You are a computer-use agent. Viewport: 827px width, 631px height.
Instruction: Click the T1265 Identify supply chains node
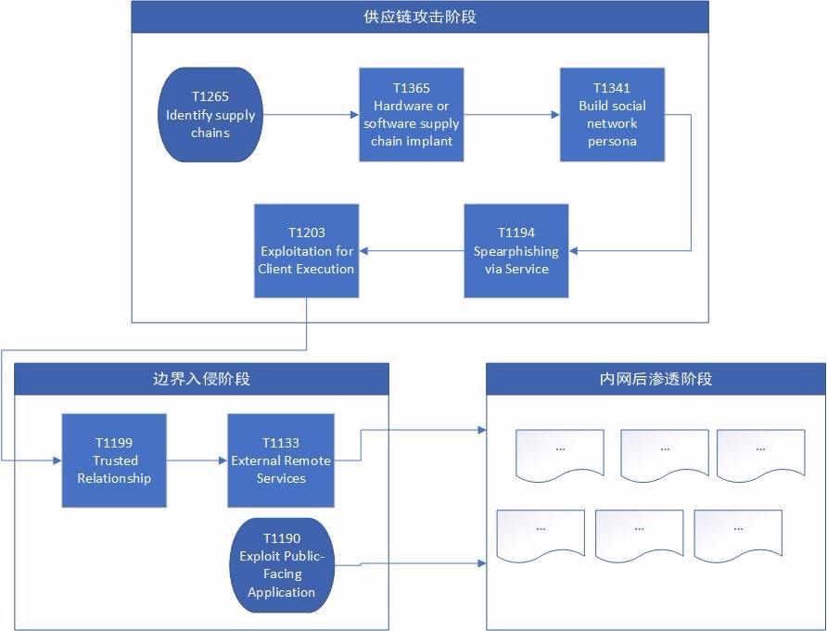[x=210, y=114]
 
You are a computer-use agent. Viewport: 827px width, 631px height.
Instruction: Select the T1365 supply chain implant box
[x=412, y=114]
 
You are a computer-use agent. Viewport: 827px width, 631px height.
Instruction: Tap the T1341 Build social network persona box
[x=612, y=114]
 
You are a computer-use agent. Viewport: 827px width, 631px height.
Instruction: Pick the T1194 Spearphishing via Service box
[x=516, y=250]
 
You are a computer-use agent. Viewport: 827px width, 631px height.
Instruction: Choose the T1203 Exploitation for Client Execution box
[x=307, y=250]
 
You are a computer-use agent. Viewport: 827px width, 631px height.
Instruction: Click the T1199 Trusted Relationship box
[x=114, y=461]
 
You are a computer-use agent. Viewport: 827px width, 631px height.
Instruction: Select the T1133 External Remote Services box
[x=281, y=461]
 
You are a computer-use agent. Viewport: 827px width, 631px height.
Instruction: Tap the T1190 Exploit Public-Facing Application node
[x=281, y=565]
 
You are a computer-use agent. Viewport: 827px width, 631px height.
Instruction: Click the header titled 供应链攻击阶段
[x=420, y=17]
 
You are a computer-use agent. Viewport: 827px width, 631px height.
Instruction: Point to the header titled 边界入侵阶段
[x=201, y=378]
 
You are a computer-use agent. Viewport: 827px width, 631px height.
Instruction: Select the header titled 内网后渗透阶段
[x=655, y=378]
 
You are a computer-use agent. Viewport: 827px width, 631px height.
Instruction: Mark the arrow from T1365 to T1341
[x=512, y=115]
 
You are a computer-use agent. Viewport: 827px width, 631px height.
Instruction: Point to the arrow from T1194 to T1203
[x=412, y=250]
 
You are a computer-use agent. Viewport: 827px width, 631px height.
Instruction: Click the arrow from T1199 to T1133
[x=197, y=461]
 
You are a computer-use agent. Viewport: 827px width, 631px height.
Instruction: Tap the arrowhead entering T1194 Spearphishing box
[x=574, y=250]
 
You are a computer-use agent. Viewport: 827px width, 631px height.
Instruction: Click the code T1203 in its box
[x=307, y=233]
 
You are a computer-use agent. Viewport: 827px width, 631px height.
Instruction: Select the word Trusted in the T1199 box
[x=115, y=461]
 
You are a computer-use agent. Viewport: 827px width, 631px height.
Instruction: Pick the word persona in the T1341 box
[x=612, y=141]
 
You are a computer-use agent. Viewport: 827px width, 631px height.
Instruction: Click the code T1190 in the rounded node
[x=282, y=538]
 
